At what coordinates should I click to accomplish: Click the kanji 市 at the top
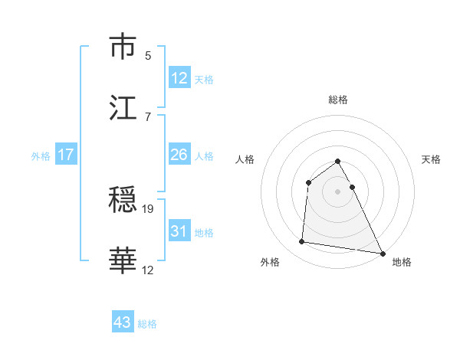[123, 47]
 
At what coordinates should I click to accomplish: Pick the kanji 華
[123, 260]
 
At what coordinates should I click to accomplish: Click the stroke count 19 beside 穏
[148, 208]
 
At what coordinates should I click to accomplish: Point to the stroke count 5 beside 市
[148, 55]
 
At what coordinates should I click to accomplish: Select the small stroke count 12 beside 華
[148, 270]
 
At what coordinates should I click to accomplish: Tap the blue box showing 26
[179, 155]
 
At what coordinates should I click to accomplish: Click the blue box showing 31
[179, 231]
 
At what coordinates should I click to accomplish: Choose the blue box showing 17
[66, 155]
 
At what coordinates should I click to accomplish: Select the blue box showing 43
[123, 322]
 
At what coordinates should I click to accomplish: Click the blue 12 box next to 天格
[179, 78]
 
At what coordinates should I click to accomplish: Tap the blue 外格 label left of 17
[41, 155]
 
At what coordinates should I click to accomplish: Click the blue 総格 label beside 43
[147, 323]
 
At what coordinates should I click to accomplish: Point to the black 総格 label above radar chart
[338, 100]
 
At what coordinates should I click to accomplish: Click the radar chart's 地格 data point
[383, 252]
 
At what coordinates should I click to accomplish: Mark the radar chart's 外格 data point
[302, 242]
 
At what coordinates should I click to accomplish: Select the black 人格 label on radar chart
[245, 159]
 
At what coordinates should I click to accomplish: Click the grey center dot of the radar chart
[338, 191]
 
